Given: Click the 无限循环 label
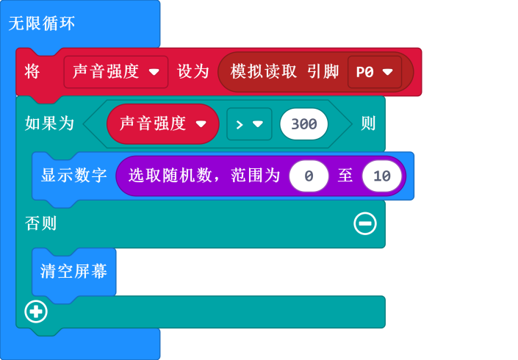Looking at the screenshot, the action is [42, 24].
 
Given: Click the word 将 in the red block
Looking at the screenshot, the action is [32, 71].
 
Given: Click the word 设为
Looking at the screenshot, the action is [193, 71].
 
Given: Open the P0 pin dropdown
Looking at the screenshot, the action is [374, 72].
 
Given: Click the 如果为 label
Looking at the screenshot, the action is [50, 123].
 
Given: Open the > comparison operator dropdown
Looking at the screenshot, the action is [249, 124].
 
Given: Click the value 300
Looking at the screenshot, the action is [303, 124].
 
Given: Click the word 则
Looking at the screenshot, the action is [368, 123].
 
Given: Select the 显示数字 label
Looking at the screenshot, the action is [74, 176].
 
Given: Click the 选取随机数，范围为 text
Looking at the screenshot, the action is [204, 176].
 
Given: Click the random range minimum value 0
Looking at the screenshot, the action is [309, 176].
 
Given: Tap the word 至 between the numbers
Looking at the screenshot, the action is [345, 176].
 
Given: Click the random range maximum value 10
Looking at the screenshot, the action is [382, 176].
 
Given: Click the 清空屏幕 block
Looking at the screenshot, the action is [74, 271].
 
